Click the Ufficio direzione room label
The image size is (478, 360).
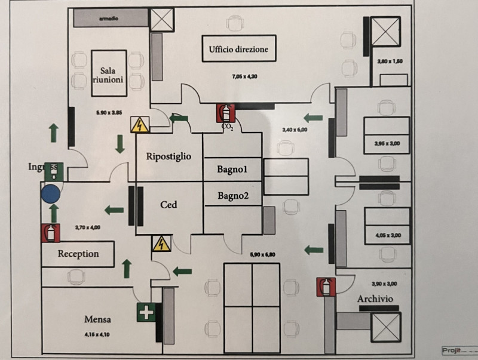click(x=238, y=49)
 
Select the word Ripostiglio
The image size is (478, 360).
click(x=168, y=156)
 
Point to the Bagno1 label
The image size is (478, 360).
click(x=232, y=170)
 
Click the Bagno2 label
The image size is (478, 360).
click(x=232, y=195)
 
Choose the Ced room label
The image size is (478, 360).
click(x=168, y=205)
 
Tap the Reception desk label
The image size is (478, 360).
click(x=78, y=254)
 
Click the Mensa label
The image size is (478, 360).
click(x=97, y=319)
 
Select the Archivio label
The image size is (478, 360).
click(x=375, y=299)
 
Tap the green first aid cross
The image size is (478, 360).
click(x=146, y=312)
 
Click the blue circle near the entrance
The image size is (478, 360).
click(x=51, y=193)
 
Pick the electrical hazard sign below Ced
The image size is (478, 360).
click(x=160, y=244)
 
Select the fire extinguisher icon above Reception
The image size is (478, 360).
click(x=51, y=232)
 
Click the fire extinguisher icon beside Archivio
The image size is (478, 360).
click(x=326, y=287)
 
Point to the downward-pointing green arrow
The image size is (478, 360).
click(x=119, y=144)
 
